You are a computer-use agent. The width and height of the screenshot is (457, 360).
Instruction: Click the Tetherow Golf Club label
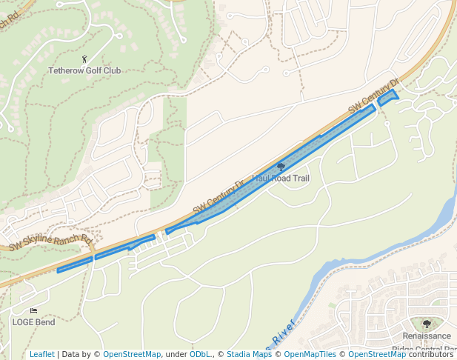(84, 71)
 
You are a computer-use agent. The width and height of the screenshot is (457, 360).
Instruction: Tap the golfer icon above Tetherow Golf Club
(84, 58)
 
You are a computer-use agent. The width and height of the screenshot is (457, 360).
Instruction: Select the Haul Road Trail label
(281, 179)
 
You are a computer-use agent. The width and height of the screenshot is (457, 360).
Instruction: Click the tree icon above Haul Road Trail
(281, 167)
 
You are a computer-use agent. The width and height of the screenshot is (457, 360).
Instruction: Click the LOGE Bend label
(33, 322)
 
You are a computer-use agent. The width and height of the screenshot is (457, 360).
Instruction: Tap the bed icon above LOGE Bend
(33, 311)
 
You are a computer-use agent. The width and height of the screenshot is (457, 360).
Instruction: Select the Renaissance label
(427, 336)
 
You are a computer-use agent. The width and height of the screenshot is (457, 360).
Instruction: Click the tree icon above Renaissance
(427, 324)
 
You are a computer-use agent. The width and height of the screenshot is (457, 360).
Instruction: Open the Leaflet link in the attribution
(41, 354)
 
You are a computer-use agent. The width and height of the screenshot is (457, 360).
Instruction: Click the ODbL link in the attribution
(200, 354)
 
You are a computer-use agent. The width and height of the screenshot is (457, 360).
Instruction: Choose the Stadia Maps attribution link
(249, 354)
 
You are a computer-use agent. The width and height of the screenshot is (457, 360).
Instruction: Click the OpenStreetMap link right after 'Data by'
(132, 354)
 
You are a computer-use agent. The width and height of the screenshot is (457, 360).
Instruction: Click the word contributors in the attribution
(431, 354)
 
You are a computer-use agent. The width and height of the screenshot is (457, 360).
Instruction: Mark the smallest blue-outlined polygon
(387, 96)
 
